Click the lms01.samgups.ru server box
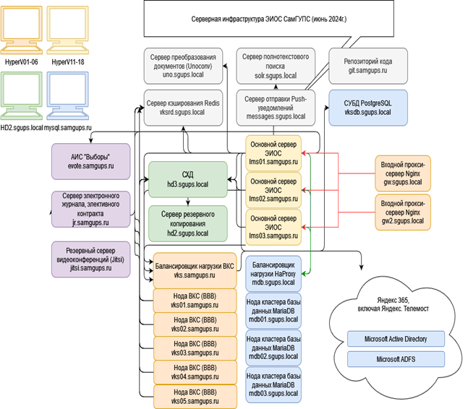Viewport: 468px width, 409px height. [273, 152]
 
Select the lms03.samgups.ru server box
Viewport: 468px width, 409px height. [273, 226]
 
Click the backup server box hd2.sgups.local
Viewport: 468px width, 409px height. [187, 221]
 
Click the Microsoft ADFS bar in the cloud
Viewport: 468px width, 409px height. [396, 359]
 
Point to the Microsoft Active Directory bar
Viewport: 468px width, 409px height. [396, 339]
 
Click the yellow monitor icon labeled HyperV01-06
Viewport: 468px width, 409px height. [21, 31]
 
